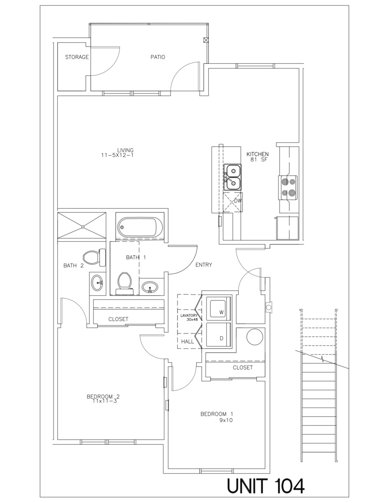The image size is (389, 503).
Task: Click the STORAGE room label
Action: click(x=77, y=57)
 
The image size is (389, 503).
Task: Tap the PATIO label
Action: click(x=157, y=57)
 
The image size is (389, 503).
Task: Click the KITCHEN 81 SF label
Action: click(x=258, y=157)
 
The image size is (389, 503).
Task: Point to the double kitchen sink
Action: click(x=232, y=177)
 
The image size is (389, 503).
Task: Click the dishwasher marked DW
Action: click(x=233, y=202)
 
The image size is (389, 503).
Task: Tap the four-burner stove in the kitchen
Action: click(x=289, y=188)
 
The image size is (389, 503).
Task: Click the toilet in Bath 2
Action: click(x=94, y=257)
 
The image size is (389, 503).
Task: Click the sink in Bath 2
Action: click(x=97, y=283)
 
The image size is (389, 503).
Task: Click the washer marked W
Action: click(x=218, y=308)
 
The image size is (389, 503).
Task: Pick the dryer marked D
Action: click(x=218, y=335)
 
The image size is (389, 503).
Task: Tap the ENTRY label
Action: click(x=204, y=265)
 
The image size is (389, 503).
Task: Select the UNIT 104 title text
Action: click(x=266, y=485)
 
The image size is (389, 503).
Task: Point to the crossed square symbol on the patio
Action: click(x=206, y=40)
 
